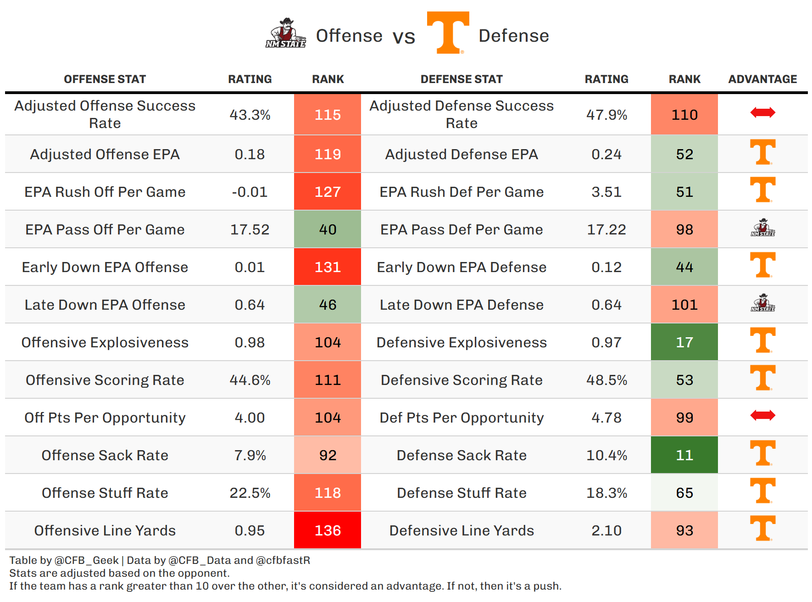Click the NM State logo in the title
(x=286, y=33)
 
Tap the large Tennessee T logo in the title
(x=448, y=33)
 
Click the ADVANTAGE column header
(x=762, y=79)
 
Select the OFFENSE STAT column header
(x=105, y=79)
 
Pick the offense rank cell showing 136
(x=328, y=530)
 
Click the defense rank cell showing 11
(x=684, y=455)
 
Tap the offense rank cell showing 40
(x=328, y=229)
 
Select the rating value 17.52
(x=250, y=229)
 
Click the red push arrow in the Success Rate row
(x=762, y=112)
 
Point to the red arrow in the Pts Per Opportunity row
(x=762, y=416)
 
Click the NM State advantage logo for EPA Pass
(x=762, y=228)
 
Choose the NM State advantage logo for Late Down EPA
(x=762, y=303)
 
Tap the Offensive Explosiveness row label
(x=105, y=342)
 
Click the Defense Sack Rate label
(x=462, y=455)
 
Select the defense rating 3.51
(x=606, y=192)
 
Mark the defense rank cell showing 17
(x=684, y=342)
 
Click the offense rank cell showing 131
(x=328, y=267)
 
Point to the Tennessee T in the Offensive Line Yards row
(x=762, y=528)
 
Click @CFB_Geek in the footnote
(x=87, y=560)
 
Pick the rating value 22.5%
(x=250, y=493)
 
